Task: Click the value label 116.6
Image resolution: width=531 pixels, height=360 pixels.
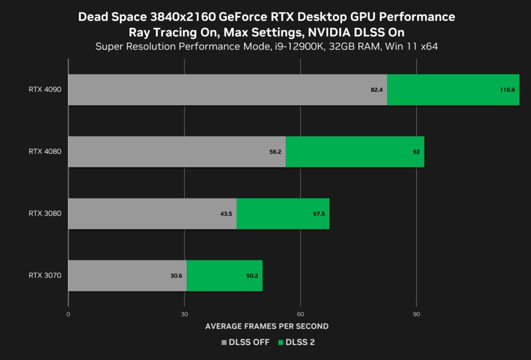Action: tap(507, 90)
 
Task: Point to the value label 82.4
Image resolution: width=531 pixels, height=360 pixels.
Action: tap(376, 90)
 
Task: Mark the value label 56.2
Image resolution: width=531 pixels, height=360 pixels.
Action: tap(275, 151)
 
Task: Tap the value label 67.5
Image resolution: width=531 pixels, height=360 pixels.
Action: tap(318, 213)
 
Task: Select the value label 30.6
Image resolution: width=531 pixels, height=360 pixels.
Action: tap(176, 275)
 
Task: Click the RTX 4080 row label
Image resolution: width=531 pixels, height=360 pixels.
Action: tap(45, 151)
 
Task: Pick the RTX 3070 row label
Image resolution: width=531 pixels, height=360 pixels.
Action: tap(45, 275)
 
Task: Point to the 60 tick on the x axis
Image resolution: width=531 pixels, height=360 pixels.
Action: tap(300, 314)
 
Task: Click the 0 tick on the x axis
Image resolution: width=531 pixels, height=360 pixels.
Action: tap(68, 314)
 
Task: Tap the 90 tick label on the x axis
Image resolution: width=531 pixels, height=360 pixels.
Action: tap(416, 314)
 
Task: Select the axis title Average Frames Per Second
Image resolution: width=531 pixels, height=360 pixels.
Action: tap(267, 326)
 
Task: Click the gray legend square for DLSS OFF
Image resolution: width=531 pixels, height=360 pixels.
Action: tap(224, 342)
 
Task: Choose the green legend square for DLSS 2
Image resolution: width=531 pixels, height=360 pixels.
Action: tap(281, 342)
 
